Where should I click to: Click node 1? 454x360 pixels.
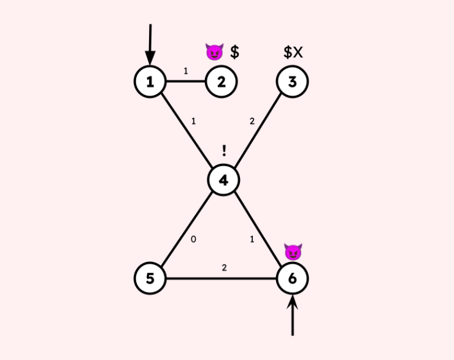pyautogui.click(x=150, y=82)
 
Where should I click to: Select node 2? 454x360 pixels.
pyautogui.click(x=221, y=82)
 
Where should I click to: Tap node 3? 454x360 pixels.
pyautogui.click(x=292, y=82)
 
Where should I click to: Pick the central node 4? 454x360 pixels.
pyautogui.click(x=223, y=180)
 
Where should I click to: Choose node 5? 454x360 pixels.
pyautogui.click(x=150, y=279)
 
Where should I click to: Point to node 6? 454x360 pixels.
pyautogui.click(x=292, y=279)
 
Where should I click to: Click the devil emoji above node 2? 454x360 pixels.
pyautogui.click(x=214, y=53)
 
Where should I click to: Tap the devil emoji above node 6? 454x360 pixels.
pyautogui.click(x=293, y=251)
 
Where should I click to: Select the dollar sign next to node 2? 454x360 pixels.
pyautogui.click(x=234, y=52)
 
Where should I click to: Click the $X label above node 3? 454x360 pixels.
pyautogui.click(x=293, y=52)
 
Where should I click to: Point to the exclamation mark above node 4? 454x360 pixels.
pyautogui.click(x=224, y=151)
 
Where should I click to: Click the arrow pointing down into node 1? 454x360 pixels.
pyautogui.click(x=150, y=43)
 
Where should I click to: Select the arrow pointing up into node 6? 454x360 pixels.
pyautogui.click(x=293, y=316)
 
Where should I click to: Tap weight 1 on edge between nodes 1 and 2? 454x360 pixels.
pyautogui.click(x=186, y=71)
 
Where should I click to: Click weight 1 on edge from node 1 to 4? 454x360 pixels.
pyautogui.click(x=193, y=121)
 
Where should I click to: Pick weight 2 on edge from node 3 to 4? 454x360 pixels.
pyautogui.click(x=252, y=121)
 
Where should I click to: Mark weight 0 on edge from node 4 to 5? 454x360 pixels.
pyautogui.click(x=193, y=239)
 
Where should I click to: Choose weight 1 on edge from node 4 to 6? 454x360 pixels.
pyautogui.click(x=252, y=239)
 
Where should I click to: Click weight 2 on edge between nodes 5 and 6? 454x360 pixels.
pyautogui.click(x=224, y=268)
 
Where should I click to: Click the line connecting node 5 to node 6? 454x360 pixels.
pyautogui.click(x=202, y=279)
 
